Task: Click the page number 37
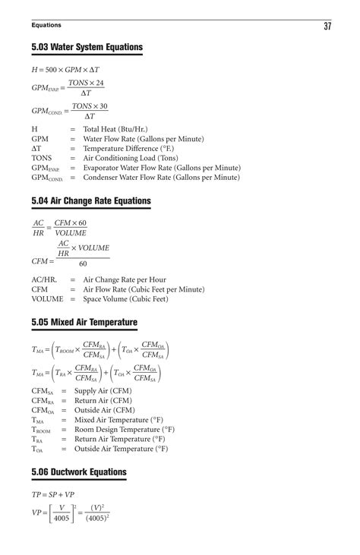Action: point(327,27)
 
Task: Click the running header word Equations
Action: point(46,27)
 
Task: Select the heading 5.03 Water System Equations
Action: point(87,48)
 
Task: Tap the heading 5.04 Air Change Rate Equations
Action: point(91,201)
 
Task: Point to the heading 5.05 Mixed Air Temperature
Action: point(84,323)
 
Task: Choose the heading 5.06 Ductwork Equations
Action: point(79,472)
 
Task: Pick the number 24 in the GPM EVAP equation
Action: point(99,83)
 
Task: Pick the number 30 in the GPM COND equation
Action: point(102,106)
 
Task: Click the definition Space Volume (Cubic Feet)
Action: point(125,299)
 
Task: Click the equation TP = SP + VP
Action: point(53,494)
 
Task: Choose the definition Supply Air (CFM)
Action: point(103,390)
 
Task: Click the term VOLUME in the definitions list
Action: point(47,299)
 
